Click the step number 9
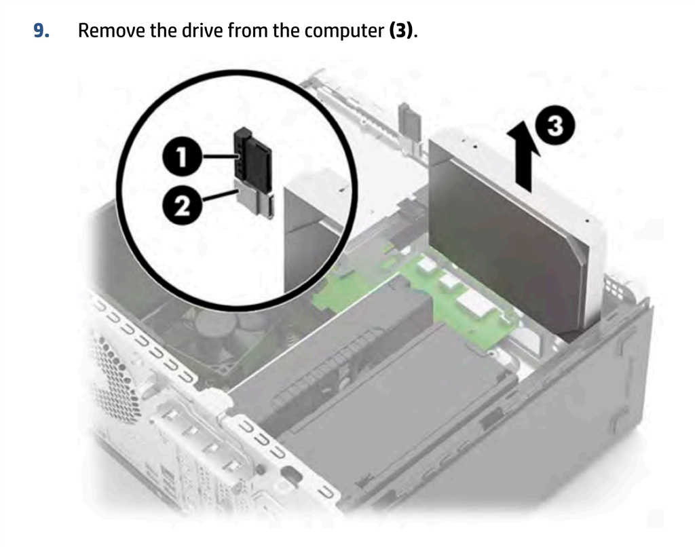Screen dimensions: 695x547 [41, 31]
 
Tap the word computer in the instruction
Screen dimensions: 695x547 [344, 31]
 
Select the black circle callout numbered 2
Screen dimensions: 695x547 [181, 206]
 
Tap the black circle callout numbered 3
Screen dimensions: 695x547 [555, 126]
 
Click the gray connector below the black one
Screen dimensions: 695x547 [255, 199]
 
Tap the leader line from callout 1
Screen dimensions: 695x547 [219, 157]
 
